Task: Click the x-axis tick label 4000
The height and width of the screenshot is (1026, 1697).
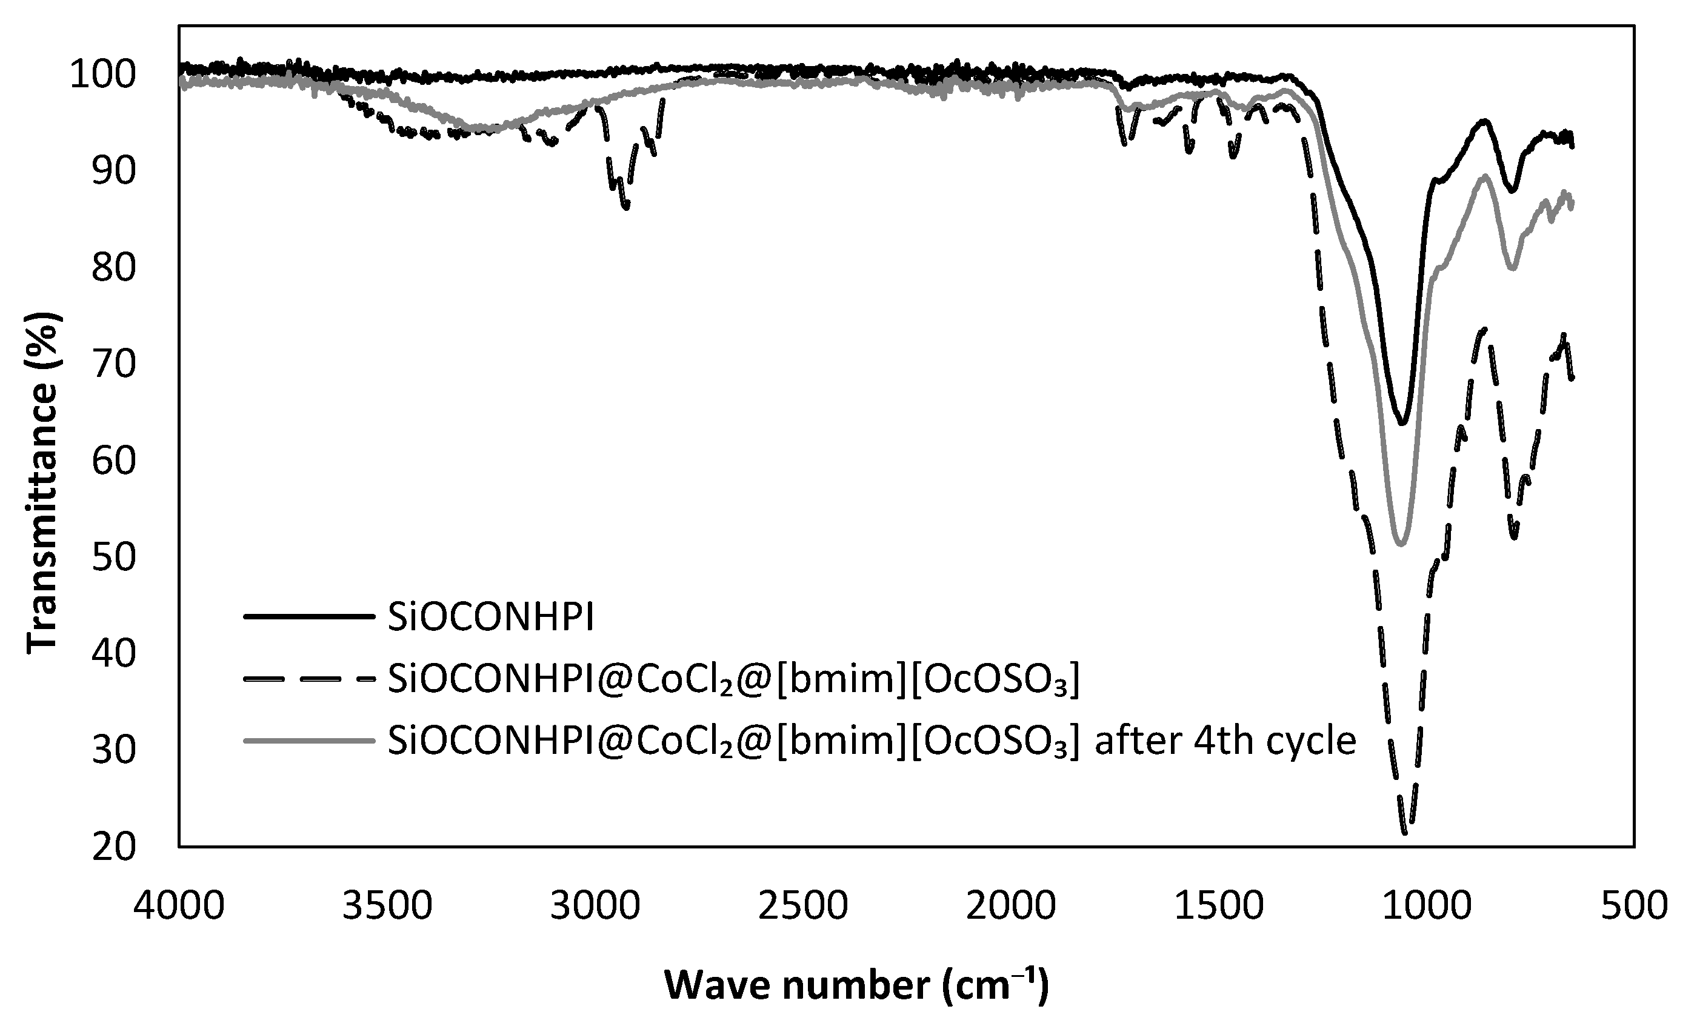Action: point(179,905)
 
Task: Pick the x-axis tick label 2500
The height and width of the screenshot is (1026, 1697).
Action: point(802,905)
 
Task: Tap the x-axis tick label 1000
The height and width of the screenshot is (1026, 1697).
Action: point(1425,905)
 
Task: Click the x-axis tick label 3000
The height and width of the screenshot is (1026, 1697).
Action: point(595,905)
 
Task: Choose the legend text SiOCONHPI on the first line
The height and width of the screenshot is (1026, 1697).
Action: point(490,618)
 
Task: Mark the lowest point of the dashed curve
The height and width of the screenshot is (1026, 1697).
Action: point(1405,833)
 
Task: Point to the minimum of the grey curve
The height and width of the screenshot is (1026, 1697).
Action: point(1400,545)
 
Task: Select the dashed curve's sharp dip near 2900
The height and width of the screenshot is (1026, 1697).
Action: point(625,207)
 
